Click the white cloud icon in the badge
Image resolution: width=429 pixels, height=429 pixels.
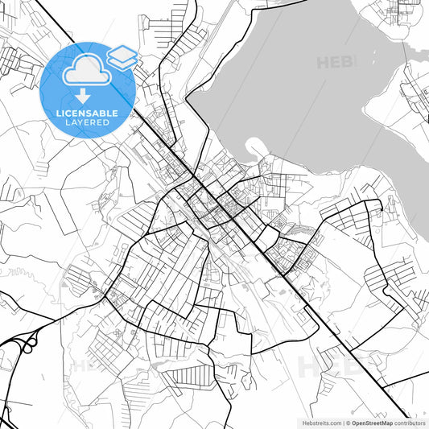(x=84, y=71)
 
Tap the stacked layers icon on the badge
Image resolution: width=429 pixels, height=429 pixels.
(x=122, y=57)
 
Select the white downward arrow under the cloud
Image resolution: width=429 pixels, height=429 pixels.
(x=84, y=93)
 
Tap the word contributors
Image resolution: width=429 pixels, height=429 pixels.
(x=410, y=423)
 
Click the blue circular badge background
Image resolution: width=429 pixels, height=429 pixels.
(x=56, y=89)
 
